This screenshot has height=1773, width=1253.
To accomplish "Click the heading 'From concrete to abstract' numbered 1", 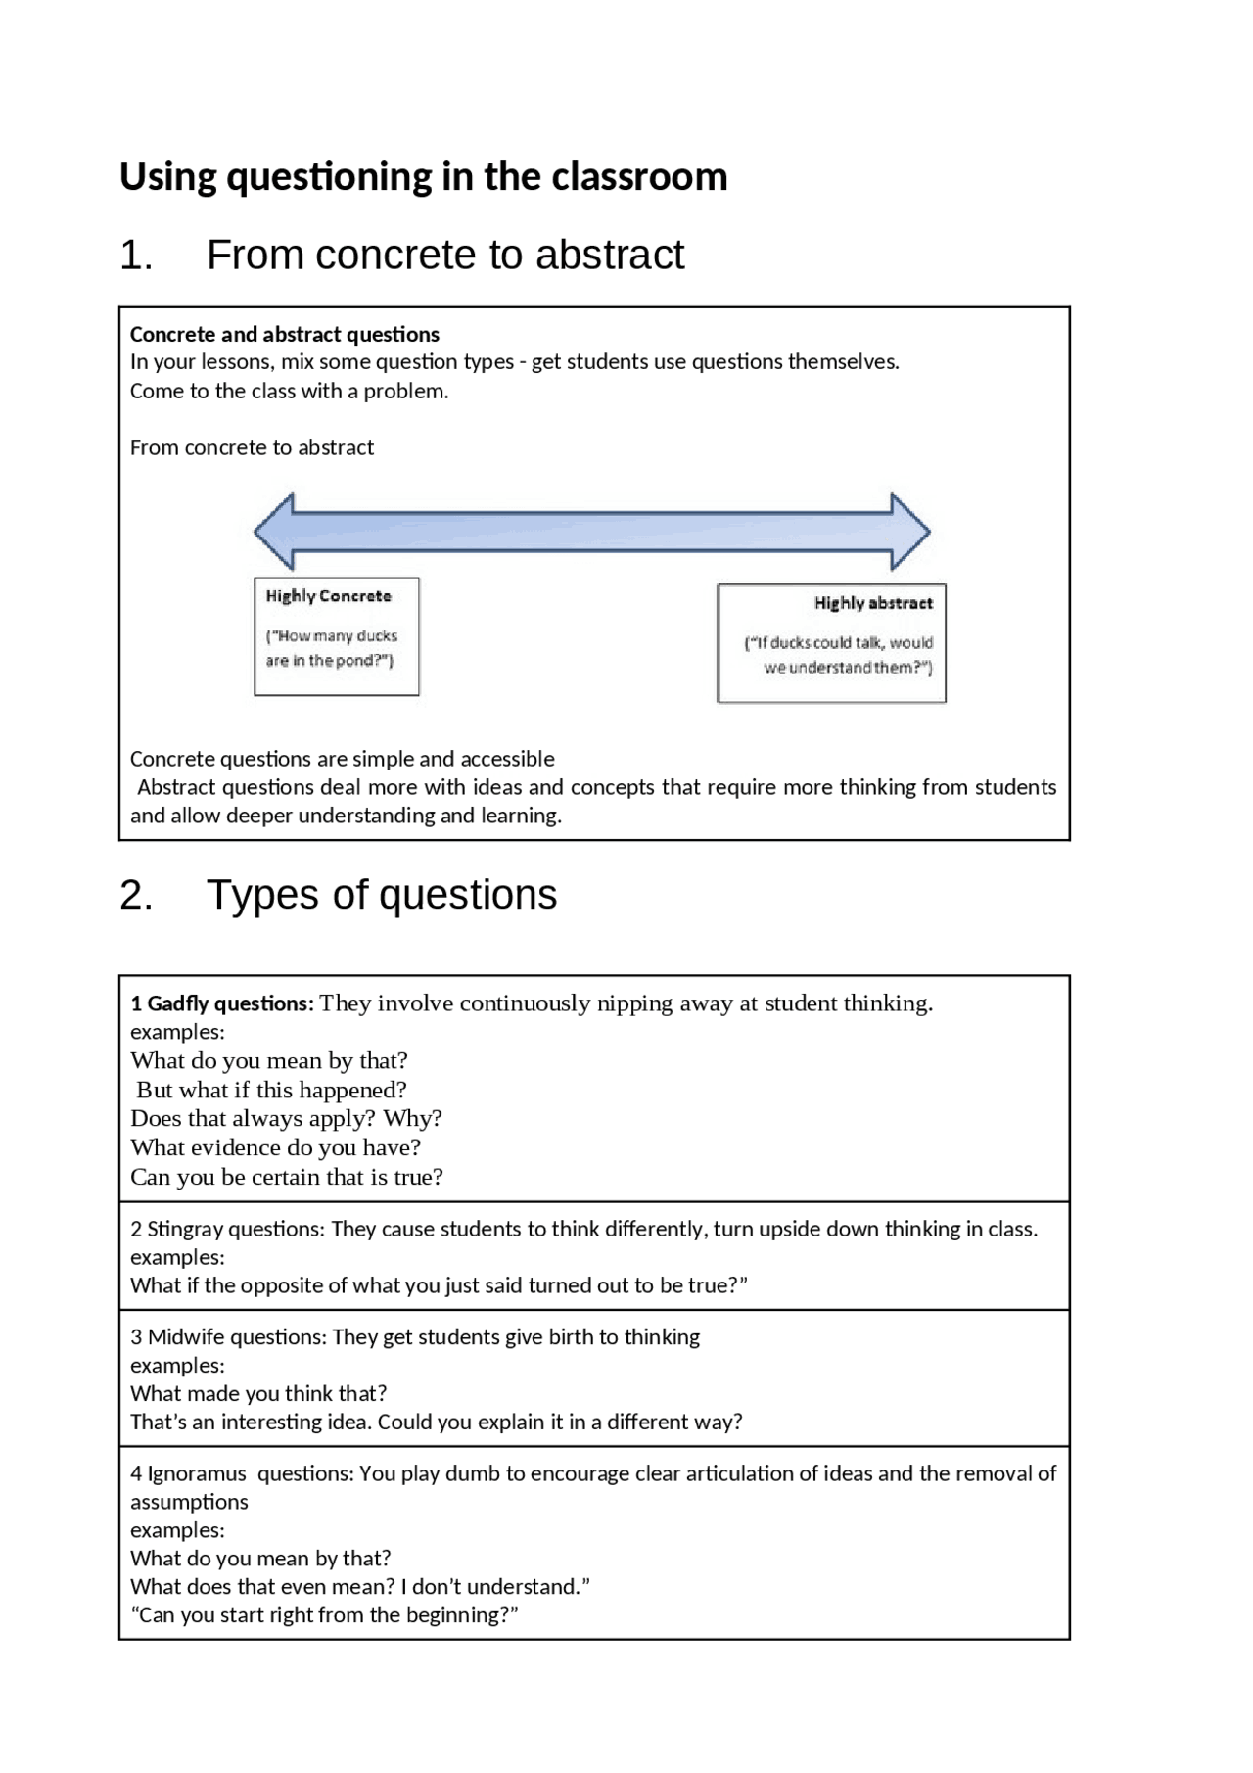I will point(444,256).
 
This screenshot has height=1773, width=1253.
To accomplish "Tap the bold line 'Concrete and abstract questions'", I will point(285,335).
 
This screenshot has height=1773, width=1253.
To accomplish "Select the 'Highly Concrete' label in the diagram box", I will point(328,596).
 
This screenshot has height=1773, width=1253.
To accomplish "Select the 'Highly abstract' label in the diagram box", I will point(873,603).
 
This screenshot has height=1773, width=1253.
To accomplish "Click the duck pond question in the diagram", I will point(331,648).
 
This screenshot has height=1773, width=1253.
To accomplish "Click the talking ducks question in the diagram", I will point(840,655).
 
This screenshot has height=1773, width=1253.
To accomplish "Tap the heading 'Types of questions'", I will point(381,895).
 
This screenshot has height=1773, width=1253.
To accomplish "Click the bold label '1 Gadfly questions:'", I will point(222,1003).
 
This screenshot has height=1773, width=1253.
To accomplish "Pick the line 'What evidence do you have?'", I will point(275,1147).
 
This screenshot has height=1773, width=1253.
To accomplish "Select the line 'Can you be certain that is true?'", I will point(287,1177).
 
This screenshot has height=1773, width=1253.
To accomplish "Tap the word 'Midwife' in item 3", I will point(185,1337).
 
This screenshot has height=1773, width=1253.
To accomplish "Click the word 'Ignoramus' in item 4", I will point(197,1473).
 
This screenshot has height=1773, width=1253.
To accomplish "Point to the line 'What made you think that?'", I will point(258,1393).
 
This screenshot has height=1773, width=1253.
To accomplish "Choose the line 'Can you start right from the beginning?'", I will point(324,1614).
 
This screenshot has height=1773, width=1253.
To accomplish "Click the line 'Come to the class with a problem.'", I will point(289,392).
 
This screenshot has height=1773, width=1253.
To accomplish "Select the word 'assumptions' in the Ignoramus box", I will point(189,1502).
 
